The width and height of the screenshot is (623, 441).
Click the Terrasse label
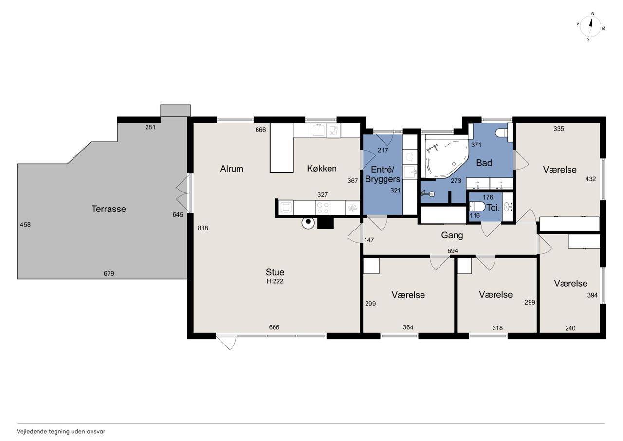(x=109, y=209)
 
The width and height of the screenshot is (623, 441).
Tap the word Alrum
(x=232, y=169)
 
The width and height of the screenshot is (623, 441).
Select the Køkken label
(x=322, y=169)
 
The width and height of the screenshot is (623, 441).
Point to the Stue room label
(x=275, y=272)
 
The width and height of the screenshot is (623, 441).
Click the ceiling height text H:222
(x=275, y=281)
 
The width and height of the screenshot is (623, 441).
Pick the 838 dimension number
(x=203, y=228)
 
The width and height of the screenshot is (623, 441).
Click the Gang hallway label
(x=452, y=235)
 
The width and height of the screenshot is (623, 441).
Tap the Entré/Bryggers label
(x=383, y=174)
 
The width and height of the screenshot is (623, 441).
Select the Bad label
(x=484, y=163)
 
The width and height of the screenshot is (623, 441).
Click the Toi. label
(x=493, y=208)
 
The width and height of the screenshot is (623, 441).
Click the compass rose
(x=590, y=26)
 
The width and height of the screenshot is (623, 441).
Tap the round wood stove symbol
(x=308, y=222)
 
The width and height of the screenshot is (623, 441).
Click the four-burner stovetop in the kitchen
(x=323, y=208)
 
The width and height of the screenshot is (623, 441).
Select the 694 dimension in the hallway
(x=453, y=251)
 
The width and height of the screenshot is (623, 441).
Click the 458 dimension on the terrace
(x=25, y=225)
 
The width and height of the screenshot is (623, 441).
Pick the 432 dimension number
(x=590, y=179)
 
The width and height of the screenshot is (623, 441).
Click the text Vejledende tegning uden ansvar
(x=61, y=432)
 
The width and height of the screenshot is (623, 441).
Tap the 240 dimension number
(x=570, y=328)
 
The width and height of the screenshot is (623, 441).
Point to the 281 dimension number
(x=150, y=127)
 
